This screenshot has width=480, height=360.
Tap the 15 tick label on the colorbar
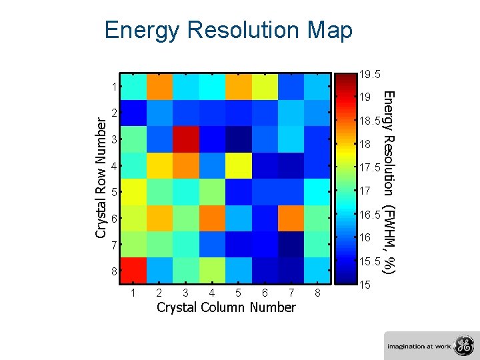tap(365, 285)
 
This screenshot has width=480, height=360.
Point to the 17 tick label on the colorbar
tap(365, 191)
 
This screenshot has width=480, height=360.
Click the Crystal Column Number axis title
tap(225, 307)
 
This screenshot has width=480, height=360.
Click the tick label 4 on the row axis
tap(115, 167)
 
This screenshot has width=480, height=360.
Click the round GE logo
tap(462, 345)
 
